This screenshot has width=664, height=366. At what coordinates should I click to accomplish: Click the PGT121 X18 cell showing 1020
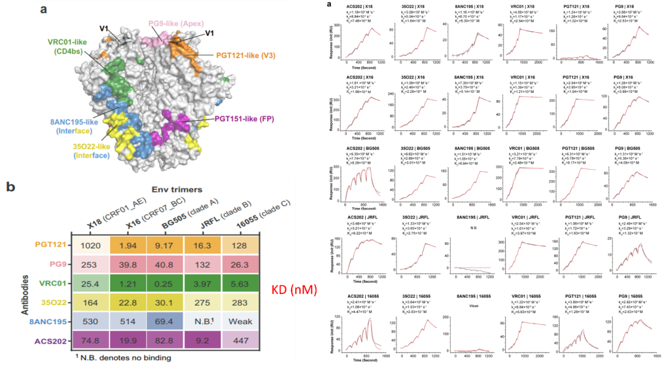pos(90,245)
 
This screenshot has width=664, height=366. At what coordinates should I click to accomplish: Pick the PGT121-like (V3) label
pos(245,55)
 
